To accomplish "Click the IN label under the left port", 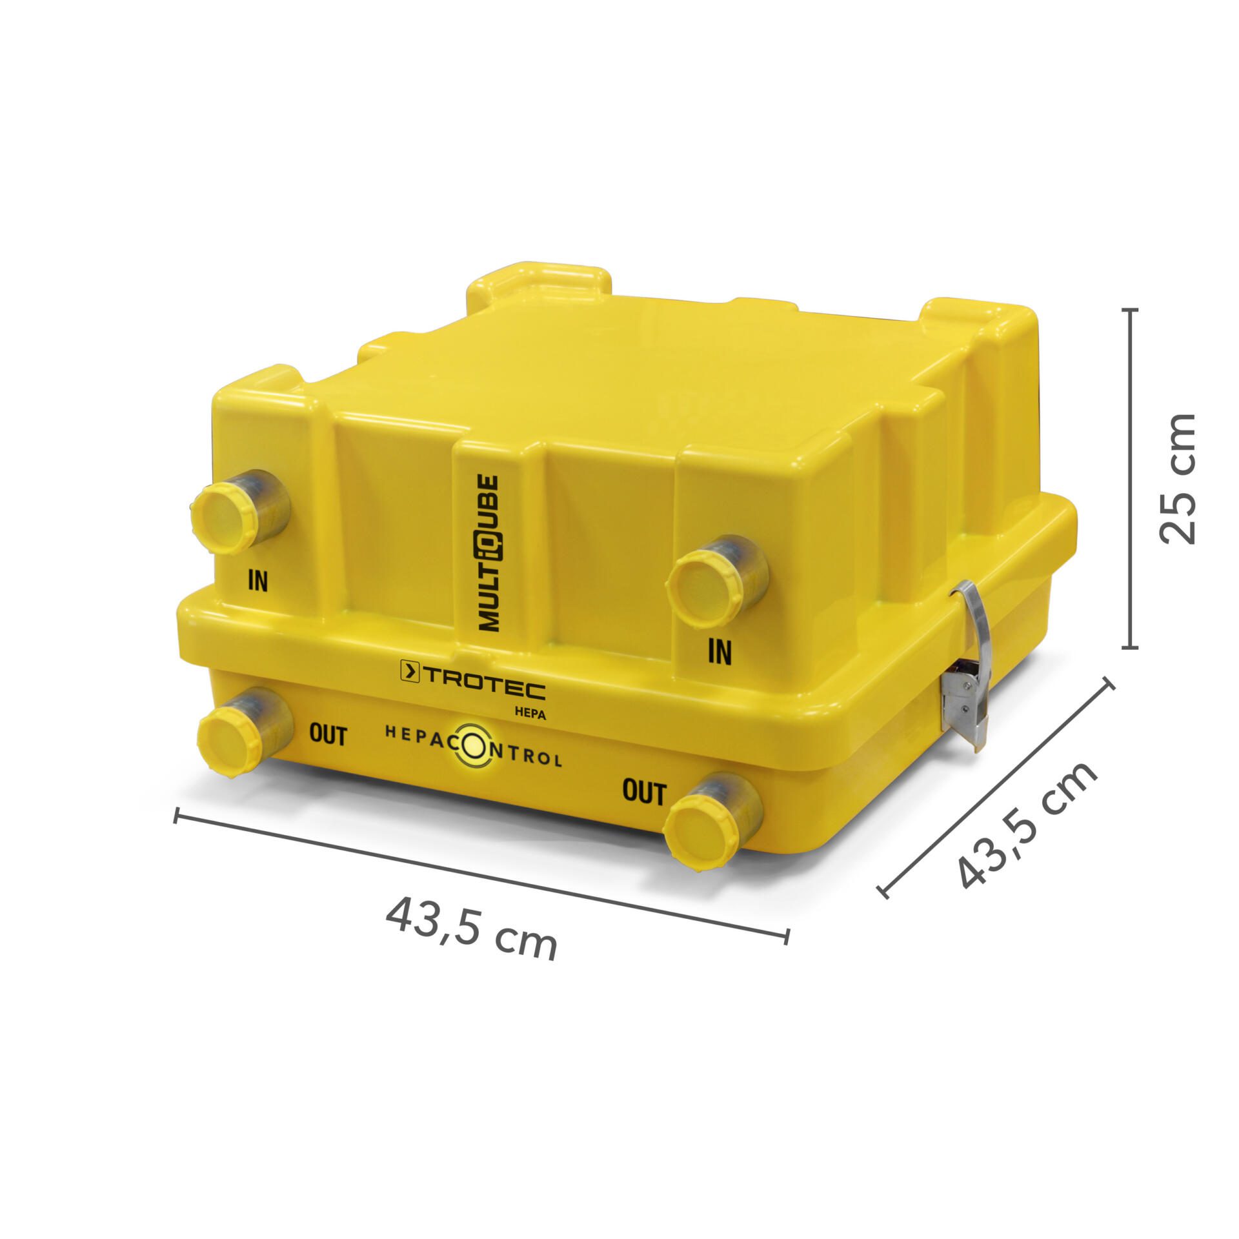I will click(x=257, y=581).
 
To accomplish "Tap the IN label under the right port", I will click(x=720, y=652).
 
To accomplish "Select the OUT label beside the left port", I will click(x=328, y=736).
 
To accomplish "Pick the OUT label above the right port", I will click(x=643, y=792).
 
